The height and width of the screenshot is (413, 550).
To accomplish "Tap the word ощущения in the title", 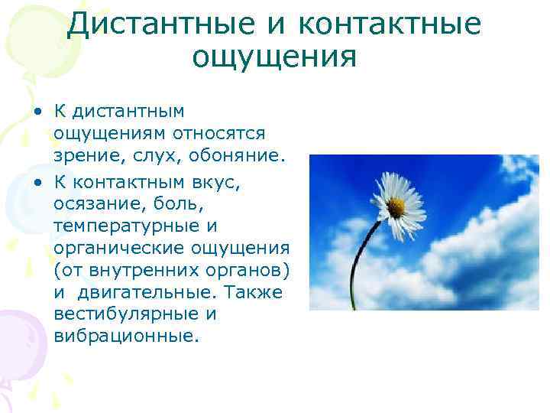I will coord(274,57).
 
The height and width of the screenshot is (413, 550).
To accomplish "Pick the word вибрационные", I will coord(125,337).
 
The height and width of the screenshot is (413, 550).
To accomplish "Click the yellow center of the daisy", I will coord(395,205).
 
